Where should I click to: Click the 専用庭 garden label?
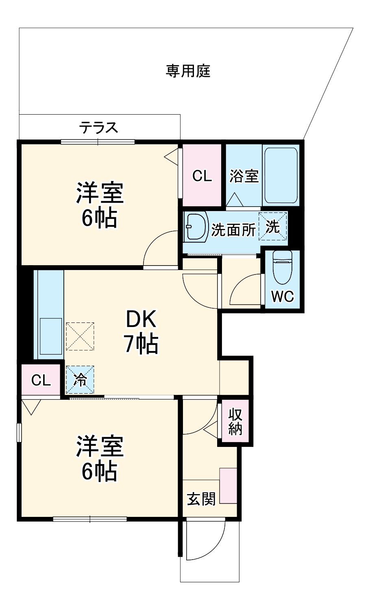tap(188, 71)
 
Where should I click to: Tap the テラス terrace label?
tap(99, 128)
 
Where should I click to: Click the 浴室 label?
tap(244, 176)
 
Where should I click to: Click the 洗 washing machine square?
tap(273, 227)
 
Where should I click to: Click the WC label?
tap(283, 296)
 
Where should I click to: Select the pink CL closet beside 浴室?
tap(202, 176)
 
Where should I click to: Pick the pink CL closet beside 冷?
tap(41, 380)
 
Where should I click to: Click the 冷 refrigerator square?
tap(80, 380)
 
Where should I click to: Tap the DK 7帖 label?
tap(141, 332)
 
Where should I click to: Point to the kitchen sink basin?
tap(51, 336)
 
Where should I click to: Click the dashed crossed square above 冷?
tap(80, 336)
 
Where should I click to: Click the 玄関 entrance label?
tap(201, 499)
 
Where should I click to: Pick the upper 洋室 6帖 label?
tap(100, 206)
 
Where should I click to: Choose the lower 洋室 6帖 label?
tap(100, 458)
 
